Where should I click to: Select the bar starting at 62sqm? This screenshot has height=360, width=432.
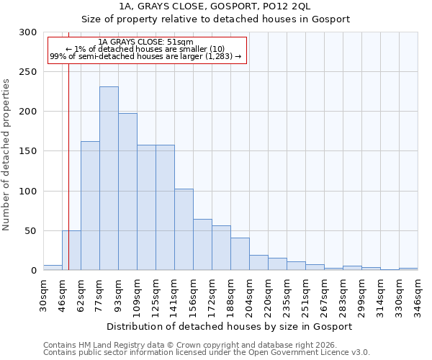coord(90,206)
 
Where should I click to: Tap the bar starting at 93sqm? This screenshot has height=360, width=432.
coord(127,192)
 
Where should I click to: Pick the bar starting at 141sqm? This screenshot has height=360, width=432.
coord(184,230)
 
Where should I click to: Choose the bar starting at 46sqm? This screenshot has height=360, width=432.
coord(71,251)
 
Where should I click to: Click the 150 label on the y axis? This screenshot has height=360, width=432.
coord(29,152)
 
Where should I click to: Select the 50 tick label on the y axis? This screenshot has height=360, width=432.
coord(32,231)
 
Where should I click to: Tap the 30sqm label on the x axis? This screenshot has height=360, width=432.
coord(43,296)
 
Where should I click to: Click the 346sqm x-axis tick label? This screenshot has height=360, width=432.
coord(418,296)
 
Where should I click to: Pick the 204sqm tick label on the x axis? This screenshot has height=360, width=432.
coord(249,296)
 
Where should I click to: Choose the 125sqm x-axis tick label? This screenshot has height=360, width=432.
coord(156,296)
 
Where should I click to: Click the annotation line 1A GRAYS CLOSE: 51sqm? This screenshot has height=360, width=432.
coord(145,42)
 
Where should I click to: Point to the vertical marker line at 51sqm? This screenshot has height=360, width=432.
coord(68,144)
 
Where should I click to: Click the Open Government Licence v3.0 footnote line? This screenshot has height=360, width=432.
coord(207,353)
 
